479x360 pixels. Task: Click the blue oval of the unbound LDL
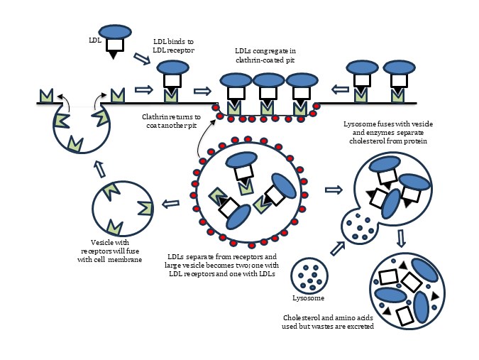pyautogui.click(x=115, y=32)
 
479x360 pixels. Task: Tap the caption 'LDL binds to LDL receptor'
pyautogui.click(x=174, y=46)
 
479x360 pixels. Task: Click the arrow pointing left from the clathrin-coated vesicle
pyautogui.click(x=170, y=204)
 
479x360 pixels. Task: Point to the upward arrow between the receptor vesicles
pyautogui.click(x=100, y=168)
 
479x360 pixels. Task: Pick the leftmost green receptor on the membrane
pyautogui.click(x=47, y=95)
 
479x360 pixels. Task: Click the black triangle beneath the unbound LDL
pyautogui.click(x=114, y=55)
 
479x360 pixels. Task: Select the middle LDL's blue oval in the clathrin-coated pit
pyautogui.click(x=268, y=80)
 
